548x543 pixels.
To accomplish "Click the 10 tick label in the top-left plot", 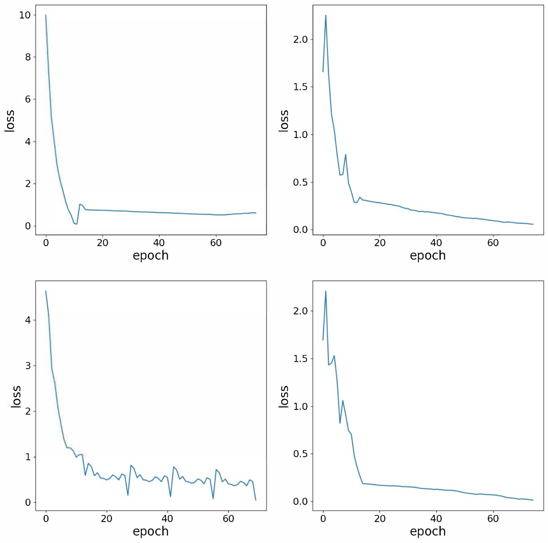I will [x=25, y=15].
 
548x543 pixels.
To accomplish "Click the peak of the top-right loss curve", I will [x=326, y=15].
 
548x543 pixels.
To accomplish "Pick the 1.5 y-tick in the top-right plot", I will [x=300, y=87].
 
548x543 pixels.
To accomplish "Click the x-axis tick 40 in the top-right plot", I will [x=436, y=243].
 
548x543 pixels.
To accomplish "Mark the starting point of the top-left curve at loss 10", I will [x=46, y=15].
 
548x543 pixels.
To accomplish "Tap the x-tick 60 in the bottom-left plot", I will [x=228, y=519].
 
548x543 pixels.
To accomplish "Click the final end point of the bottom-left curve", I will [x=256, y=500].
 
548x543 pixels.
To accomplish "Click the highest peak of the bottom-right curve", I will [x=326, y=291].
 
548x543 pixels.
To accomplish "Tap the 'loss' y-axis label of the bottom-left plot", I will [x=16, y=397].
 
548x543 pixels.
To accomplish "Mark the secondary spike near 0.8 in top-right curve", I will [x=346, y=155].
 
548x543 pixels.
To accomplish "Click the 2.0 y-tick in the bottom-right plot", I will [x=300, y=311].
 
